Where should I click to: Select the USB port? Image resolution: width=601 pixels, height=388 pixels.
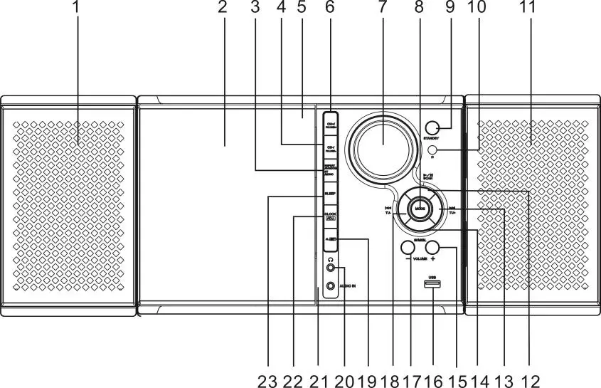[432, 286]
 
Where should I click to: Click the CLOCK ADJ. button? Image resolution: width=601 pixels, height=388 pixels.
[330, 216]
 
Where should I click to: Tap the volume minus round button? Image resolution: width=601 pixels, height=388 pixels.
[408, 248]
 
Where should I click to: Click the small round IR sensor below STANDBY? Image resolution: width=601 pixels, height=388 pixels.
[432, 150]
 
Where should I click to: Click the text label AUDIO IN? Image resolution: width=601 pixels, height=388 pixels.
[347, 286]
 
